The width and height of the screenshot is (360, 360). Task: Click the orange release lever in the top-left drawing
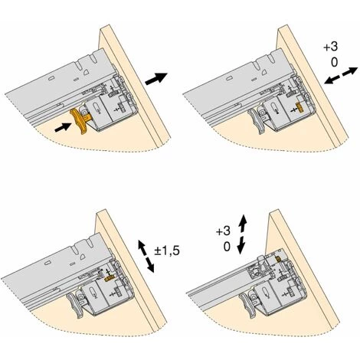coord(80,119)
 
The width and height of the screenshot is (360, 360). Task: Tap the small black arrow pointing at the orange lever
coord(63,127)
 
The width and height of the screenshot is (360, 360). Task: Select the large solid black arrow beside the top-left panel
coord(156,78)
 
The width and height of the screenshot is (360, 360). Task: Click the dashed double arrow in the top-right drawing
coord(341,75)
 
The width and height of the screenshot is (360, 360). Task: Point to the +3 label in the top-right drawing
coord(331,47)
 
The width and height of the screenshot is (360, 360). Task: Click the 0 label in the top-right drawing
coord(334,62)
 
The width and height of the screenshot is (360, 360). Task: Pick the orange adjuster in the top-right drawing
coord(299,107)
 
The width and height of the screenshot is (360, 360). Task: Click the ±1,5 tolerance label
coord(167,251)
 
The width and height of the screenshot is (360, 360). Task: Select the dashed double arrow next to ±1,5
coord(146,256)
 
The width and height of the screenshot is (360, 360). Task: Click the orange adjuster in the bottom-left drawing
coord(109,279)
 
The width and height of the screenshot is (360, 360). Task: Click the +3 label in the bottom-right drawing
coord(223,231)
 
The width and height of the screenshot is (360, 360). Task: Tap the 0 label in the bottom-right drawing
coord(227,247)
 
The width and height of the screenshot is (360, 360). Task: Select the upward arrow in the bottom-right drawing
coord(243,224)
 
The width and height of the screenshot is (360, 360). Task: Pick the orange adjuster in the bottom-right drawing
coord(279,259)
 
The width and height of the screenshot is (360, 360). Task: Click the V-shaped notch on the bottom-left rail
coord(90,243)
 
